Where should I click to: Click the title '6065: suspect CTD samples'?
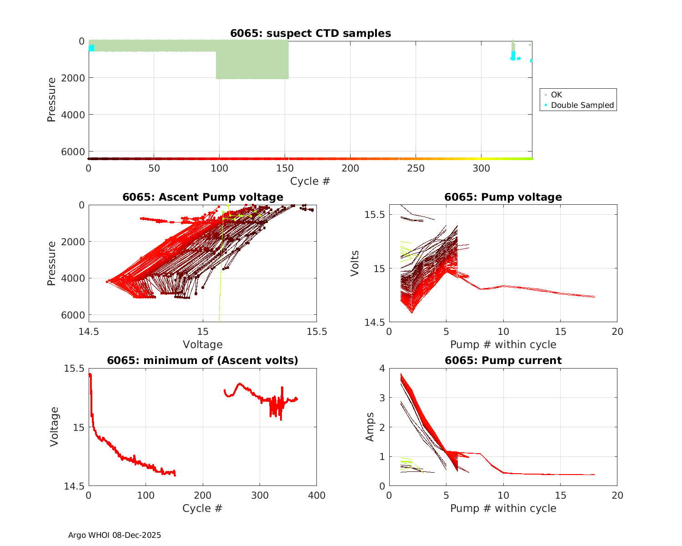(x=311, y=33)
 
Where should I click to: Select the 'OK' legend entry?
(x=556, y=95)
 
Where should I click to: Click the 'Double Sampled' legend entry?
(x=582, y=105)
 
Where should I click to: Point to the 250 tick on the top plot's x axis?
(x=416, y=168)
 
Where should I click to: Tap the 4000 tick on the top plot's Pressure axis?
(x=73, y=115)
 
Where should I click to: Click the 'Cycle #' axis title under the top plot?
(x=310, y=181)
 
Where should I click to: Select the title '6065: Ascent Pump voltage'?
(x=203, y=197)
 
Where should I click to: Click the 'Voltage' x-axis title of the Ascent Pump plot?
(x=203, y=344)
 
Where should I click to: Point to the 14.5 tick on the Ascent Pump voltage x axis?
(x=89, y=331)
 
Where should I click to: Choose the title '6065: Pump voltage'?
(x=503, y=197)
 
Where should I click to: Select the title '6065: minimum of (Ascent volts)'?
(x=203, y=360)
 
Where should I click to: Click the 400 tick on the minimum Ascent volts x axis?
(x=316, y=495)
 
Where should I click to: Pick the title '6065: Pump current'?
(x=503, y=360)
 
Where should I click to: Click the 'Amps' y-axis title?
(x=370, y=427)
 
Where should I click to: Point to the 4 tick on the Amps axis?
(x=382, y=368)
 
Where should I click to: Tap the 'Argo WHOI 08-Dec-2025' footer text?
(x=115, y=535)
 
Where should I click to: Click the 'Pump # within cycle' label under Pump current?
(x=503, y=508)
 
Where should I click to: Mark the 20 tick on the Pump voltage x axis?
(x=617, y=332)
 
